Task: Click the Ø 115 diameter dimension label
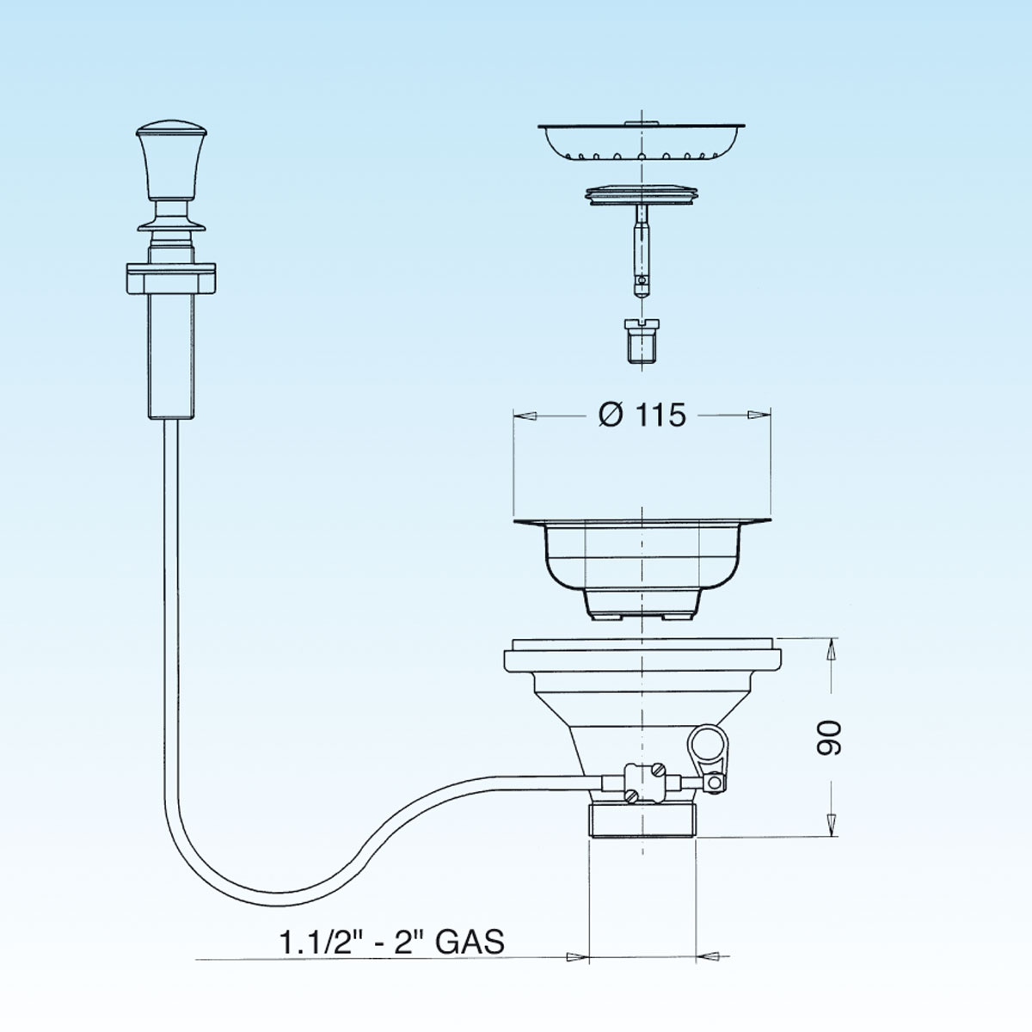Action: (x=642, y=415)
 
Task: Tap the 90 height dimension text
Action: (x=829, y=738)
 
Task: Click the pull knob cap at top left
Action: (x=171, y=160)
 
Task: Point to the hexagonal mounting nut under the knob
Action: (x=171, y=279)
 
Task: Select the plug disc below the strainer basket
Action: (x=642, y=196)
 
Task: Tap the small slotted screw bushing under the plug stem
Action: (x=641, y=341)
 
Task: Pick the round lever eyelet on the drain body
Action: (x=703, y=741)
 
